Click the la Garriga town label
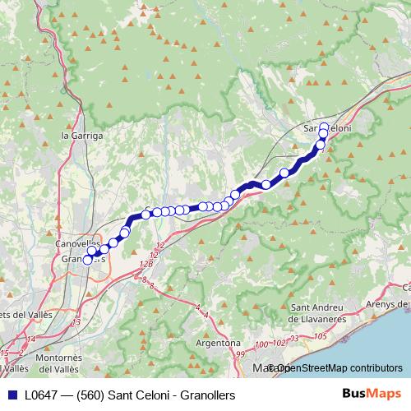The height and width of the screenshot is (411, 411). click(x=82, y=134)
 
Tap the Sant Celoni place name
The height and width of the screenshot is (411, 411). click(x=327, y=130)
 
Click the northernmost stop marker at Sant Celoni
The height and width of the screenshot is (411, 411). click(x=324, y=127)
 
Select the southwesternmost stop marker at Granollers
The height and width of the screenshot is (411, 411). click(x=88, y=260)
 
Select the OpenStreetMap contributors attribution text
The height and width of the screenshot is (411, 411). click(x=337, y=368)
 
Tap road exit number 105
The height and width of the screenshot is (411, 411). click(x=320, y=337)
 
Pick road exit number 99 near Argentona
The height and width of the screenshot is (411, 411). click(x=239, y=353)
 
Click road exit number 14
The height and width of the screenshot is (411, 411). click(x=30, y=338)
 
